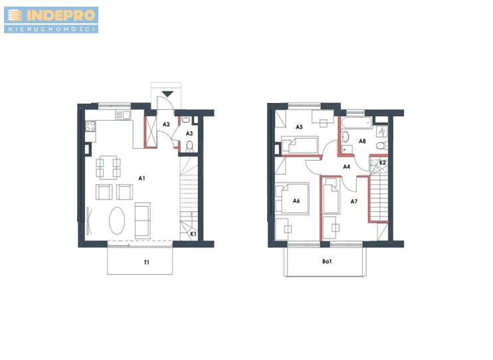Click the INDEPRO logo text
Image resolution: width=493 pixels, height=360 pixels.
coord(60,15)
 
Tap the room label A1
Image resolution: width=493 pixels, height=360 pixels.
coord(142,178)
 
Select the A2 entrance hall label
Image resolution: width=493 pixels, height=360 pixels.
coord(166,124)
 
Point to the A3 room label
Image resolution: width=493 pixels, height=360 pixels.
coord(189,134)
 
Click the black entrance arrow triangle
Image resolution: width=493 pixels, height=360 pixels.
coord(167,94)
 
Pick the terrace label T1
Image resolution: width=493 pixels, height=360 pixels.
coord(147,262)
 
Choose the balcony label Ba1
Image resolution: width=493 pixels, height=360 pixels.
coord(327,261)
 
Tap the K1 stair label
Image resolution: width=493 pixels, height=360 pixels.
coord(193,234)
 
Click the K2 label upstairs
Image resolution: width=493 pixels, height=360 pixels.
coord(382,163)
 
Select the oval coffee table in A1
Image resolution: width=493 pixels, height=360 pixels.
coord(117,221)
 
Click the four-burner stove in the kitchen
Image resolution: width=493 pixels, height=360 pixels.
coord(90,126)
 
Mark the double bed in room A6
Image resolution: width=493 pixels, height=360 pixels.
coord(292,199)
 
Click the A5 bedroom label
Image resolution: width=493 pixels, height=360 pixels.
coord(299,127)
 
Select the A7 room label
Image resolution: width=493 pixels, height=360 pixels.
coord(354,201)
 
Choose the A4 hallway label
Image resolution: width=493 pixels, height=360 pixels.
coord(346,167)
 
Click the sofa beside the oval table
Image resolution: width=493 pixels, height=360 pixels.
coord(143,221)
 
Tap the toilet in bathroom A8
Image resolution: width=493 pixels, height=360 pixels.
coord(382,145)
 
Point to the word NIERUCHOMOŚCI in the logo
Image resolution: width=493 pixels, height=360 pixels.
coord(51,29)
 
